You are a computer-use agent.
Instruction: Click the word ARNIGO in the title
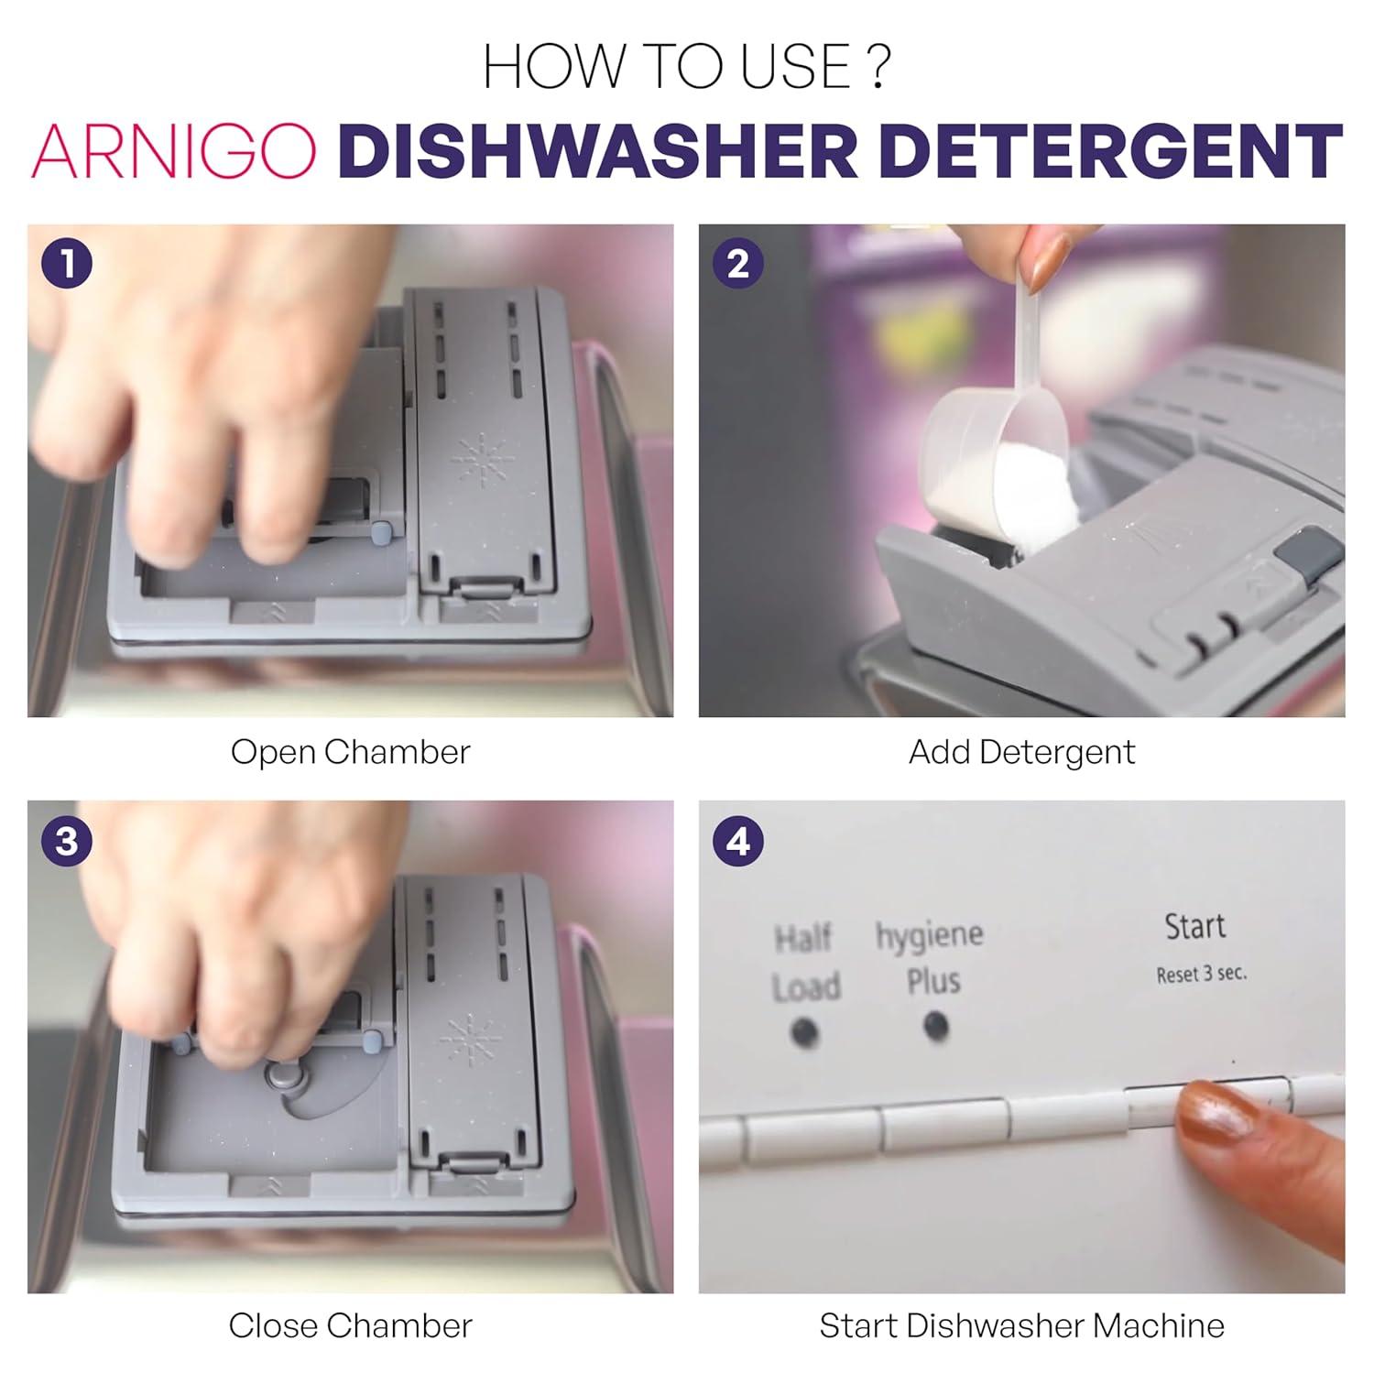coord(174,150)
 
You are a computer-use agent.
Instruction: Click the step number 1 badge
coord(67,264)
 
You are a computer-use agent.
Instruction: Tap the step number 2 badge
coord(738,264)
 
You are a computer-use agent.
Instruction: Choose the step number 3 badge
coord(67,841)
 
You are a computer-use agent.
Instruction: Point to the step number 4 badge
coord(738,841)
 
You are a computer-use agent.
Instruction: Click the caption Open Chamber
coord(350,752)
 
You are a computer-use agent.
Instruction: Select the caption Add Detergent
coord(1021,752)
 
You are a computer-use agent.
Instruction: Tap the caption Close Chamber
coord(350,1325)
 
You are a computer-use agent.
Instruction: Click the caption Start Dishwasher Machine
coord(1021,1325)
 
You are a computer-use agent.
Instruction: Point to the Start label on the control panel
coord(1194,927)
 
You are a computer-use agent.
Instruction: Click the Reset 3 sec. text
coord(1201,974)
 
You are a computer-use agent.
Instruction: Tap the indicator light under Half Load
coord(804,1033)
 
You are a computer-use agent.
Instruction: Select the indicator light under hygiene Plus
coord(935,1025)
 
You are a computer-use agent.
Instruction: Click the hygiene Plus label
coord(931,957)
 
